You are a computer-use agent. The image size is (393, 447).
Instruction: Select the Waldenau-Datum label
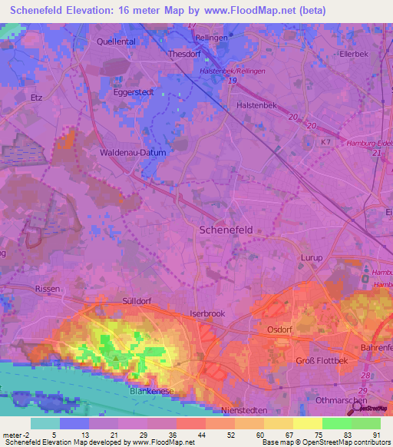[133, 152]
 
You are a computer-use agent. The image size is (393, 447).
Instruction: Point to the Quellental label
[116, 42]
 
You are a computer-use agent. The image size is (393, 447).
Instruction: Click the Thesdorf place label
[184, 55]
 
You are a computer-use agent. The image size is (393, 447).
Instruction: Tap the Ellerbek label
[355, 55]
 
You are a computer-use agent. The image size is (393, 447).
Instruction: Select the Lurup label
[311, 259]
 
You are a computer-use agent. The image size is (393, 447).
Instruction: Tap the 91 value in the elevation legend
[376, 434]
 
